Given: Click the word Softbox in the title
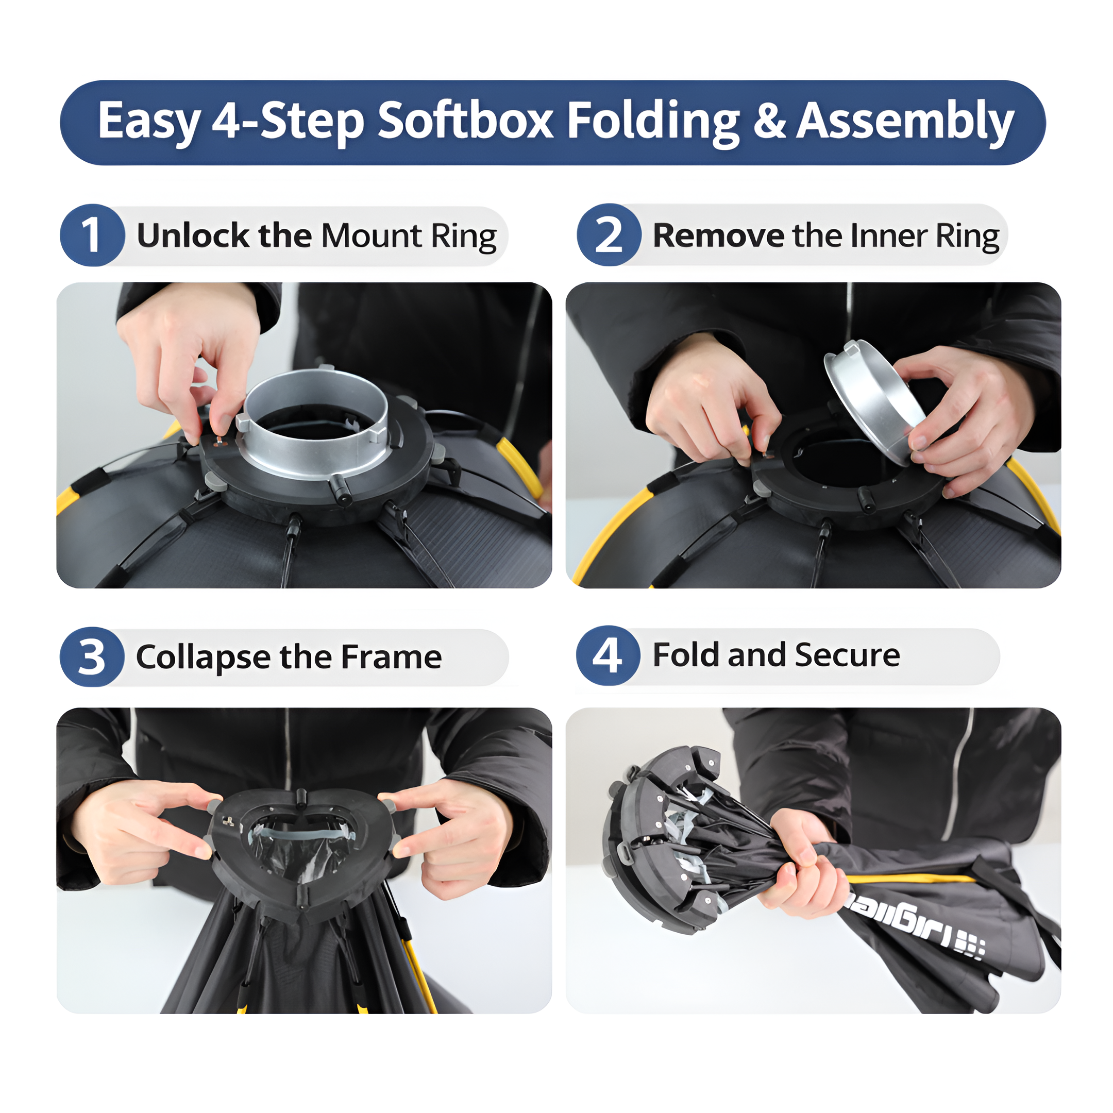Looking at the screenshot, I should coord(465,121).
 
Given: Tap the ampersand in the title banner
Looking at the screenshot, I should coord(769,121).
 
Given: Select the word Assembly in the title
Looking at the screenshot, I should coord(904,121).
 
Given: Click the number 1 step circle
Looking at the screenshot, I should coord(92,235).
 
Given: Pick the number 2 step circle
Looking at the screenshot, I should coord(609,235).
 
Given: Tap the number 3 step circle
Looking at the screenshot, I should coord(92,657).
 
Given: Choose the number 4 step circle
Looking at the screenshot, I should coord(608,655).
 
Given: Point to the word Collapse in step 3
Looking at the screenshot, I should coord(203,657).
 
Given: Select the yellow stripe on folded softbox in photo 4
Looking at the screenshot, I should coord(910,879).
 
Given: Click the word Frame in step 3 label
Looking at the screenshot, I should coord(392,657).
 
